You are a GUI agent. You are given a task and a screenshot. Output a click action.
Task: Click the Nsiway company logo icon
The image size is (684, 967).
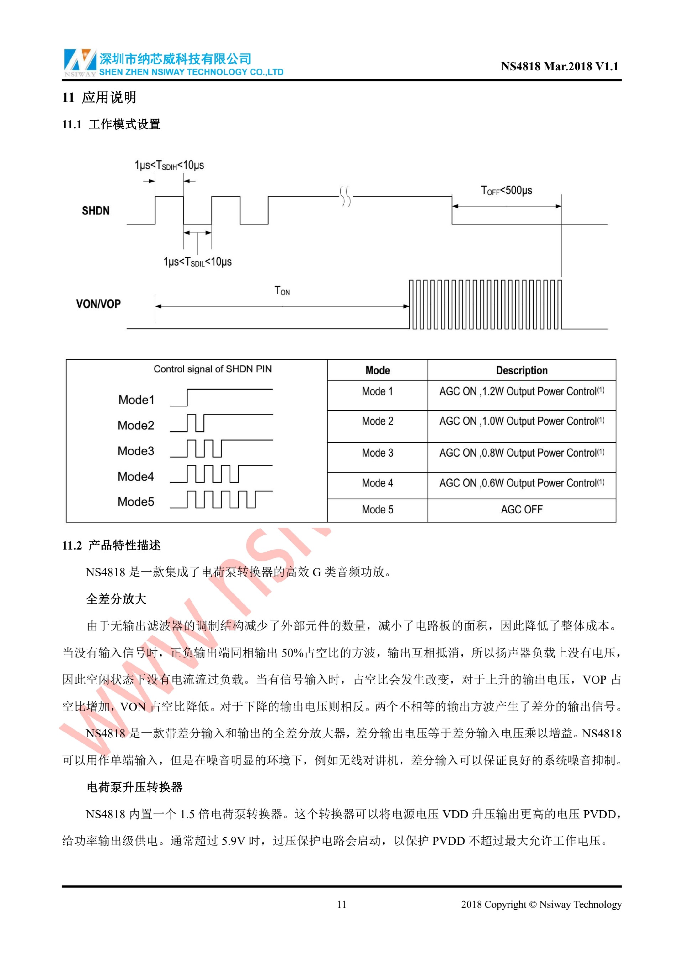click(79, 62)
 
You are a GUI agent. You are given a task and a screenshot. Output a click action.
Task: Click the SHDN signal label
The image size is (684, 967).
click(95, 210)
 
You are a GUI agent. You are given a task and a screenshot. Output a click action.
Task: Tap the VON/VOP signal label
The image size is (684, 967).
click(98, 304)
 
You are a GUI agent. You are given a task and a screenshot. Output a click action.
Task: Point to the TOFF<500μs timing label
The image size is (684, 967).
click(506, 190)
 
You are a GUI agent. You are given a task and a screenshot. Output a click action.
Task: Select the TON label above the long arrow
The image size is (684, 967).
click(282, 291)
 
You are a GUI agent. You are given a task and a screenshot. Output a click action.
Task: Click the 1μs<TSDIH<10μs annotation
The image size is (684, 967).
click(169, 165)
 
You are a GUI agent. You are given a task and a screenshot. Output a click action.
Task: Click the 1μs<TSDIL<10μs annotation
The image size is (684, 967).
click(197, 262)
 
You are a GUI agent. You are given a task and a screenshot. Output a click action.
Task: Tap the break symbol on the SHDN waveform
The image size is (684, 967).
click(345, 196)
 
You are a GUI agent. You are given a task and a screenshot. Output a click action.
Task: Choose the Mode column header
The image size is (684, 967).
click(377, 370)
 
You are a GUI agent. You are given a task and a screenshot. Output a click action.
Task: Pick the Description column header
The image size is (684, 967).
click(522, 370)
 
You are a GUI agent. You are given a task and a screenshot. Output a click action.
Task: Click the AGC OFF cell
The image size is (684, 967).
click(522, 509)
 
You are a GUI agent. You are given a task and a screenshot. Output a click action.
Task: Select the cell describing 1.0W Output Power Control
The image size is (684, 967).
click(522, 421)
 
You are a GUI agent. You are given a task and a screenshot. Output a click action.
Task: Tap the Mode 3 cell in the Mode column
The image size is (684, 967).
click(377, 453)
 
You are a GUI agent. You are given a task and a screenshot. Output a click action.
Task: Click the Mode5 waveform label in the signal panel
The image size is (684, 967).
click(136, 501)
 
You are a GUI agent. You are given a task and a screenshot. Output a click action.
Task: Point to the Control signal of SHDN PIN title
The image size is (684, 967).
click(212, 369)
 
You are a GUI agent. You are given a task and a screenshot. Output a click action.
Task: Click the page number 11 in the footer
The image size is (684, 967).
click(342, 904)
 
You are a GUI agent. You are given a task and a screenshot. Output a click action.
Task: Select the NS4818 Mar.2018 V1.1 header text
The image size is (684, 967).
click(559, 66)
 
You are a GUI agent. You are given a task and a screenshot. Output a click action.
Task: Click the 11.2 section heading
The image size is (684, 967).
click(111, 545)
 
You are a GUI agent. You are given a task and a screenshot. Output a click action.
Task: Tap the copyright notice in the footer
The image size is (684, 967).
click(541, 904)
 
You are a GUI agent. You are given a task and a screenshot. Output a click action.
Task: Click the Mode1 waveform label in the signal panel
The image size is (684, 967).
click(136, 400)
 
